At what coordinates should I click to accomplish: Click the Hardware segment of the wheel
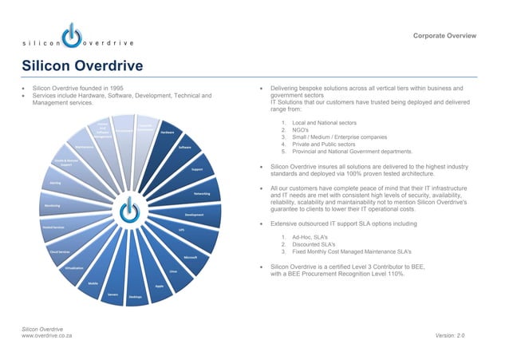(x=167, y=133)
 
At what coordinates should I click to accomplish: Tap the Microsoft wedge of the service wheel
(x=190, y=257)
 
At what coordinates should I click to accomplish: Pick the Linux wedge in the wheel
(x=173, y=271)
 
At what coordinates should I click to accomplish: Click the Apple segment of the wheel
(x=159, y=286)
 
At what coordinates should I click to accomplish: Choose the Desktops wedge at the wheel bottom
(x=135, y=296)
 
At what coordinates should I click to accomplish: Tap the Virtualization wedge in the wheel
(x=75, y=267)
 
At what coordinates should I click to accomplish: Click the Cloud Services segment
(x=59, y=251)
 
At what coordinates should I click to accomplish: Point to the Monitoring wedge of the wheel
(x=53, y=205)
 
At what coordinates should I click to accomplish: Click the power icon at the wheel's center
(x=128, y=212)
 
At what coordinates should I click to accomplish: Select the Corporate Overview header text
(x=444, y=36)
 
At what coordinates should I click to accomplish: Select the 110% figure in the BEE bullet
(x=392, y=274)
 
